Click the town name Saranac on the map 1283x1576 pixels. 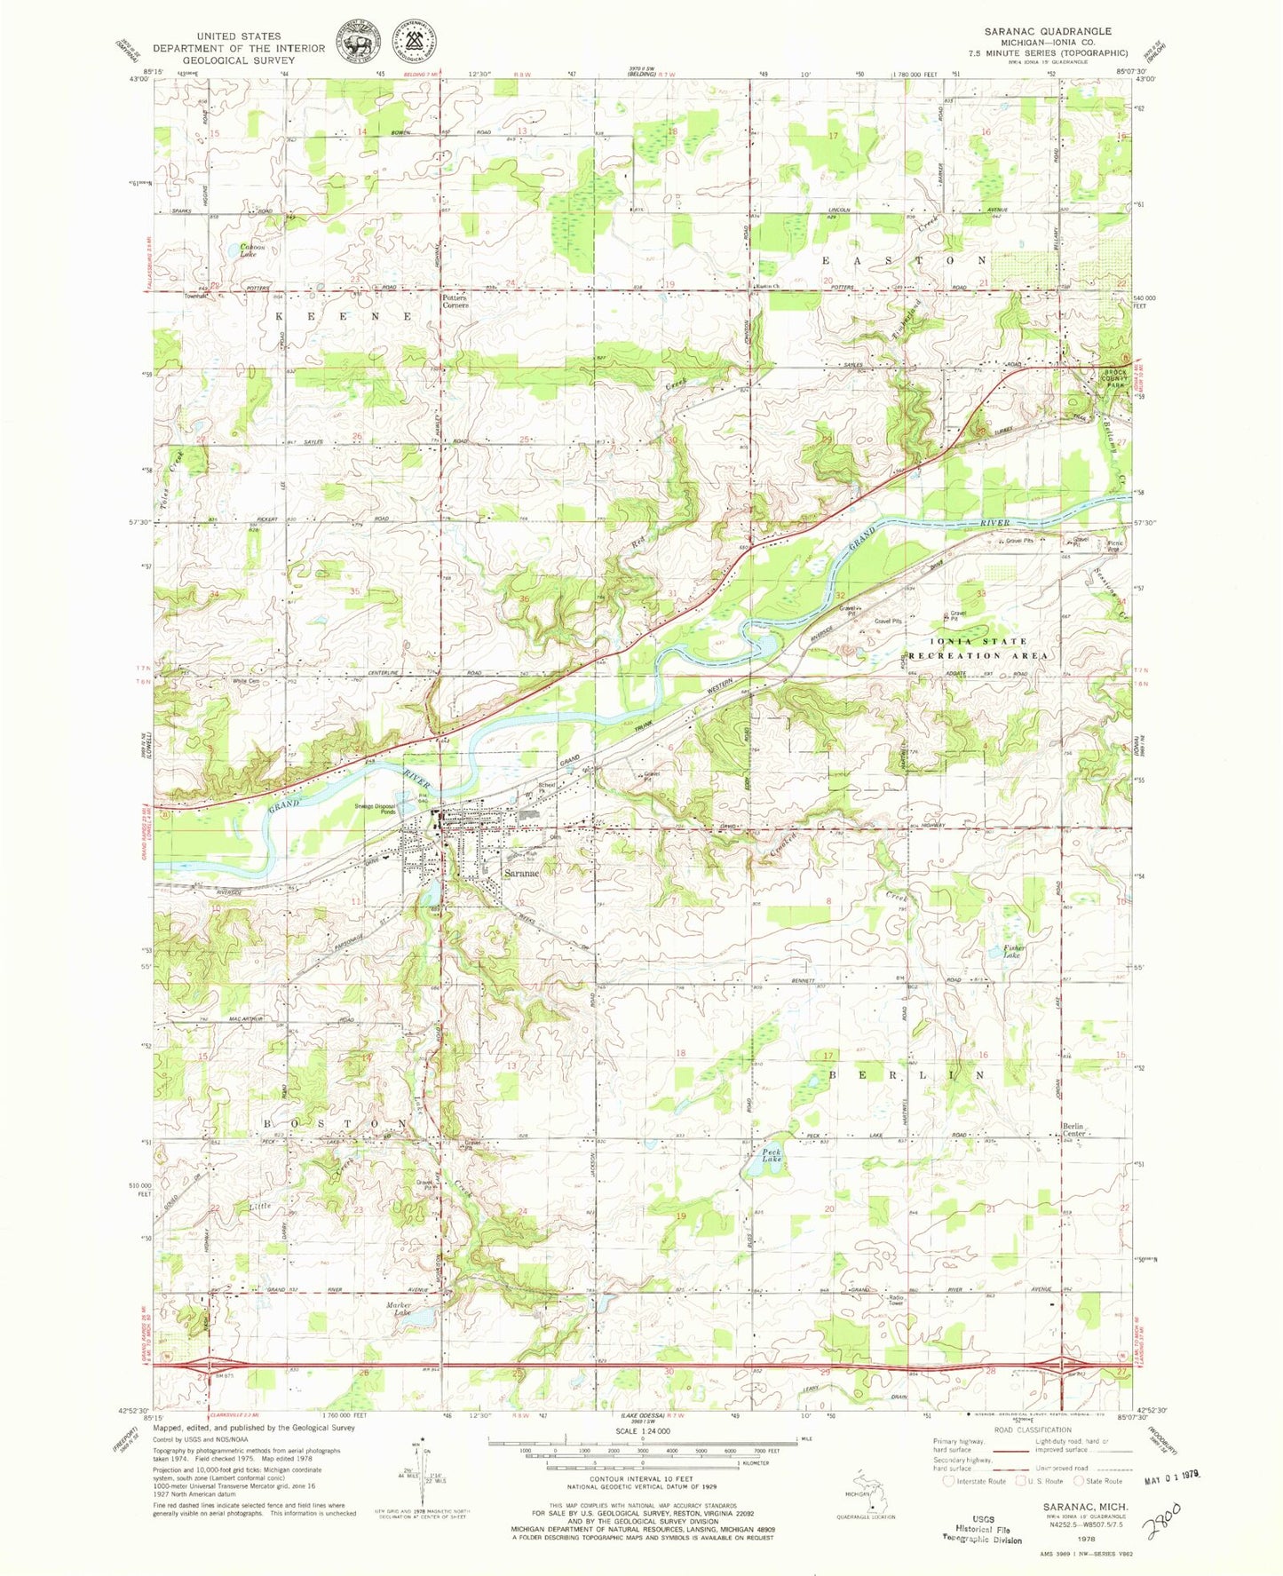tap(522, 874)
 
